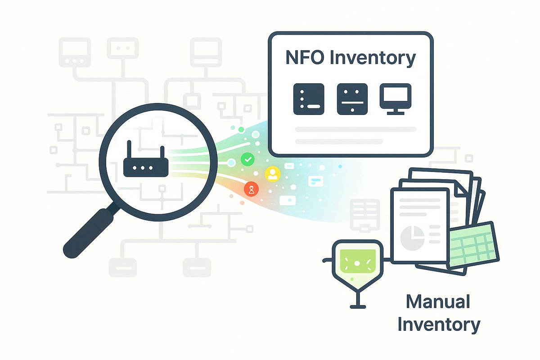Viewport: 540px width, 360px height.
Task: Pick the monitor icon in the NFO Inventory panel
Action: pos(395,98)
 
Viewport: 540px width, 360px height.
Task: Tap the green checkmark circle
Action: pos(247,158)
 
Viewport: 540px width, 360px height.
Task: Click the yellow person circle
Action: pos(272,174)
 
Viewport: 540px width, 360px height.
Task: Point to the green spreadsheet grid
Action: pos(472,245)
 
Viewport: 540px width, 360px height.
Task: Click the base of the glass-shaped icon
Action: pos(357,307)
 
